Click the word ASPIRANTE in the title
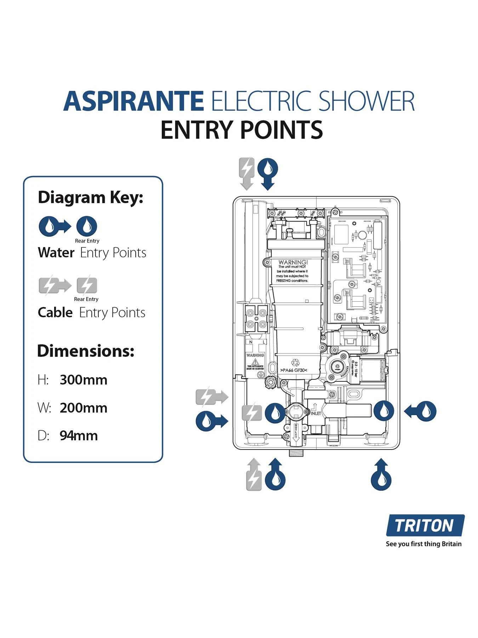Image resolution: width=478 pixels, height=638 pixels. (133, 101)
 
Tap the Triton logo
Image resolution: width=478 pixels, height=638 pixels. (425, 525)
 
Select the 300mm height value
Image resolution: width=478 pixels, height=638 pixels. (83, 380)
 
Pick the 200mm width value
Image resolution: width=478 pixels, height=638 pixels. (83, 408)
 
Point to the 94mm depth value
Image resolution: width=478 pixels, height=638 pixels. (79, 436)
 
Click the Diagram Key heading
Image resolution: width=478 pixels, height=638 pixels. (90, 197)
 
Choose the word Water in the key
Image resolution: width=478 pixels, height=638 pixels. (56, 253)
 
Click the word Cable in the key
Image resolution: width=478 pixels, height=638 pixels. (55, 313)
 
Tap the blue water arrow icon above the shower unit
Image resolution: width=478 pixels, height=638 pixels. (268, 173)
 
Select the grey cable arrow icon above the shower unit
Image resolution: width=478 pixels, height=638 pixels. (247, 173)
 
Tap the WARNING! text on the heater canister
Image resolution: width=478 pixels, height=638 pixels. (293, 262)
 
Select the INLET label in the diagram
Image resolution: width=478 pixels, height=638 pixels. (316, 413)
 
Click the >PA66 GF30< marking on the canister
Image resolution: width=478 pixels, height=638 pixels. (294, 370)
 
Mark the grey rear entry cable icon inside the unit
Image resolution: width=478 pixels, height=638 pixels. (252, 413)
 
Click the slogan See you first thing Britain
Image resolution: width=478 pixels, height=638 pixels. (423, 544)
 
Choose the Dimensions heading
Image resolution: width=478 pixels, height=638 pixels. (86, 351)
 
